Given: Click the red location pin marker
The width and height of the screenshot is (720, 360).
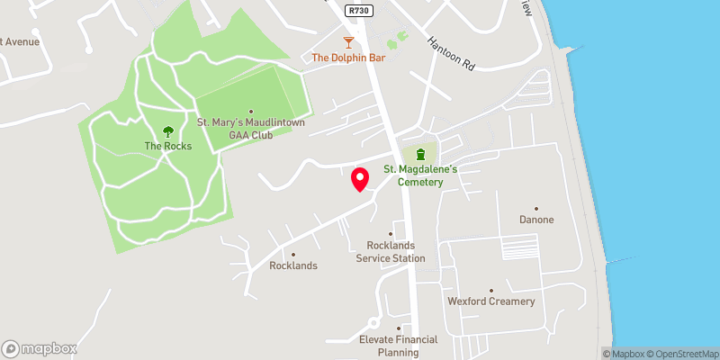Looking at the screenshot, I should (x=360, y=179).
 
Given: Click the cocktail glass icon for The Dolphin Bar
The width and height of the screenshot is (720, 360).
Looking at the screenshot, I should (x=348, y=41).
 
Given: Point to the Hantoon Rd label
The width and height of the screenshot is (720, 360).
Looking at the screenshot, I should (x=450, y=55).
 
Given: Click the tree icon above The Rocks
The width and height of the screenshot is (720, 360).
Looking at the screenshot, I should (x=166, y=131).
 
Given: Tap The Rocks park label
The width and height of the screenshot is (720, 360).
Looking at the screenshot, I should (x=166, y=146).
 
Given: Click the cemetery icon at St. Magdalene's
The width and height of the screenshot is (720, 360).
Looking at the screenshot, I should (x=419, y=154).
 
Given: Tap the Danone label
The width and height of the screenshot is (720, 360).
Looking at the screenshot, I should (x=536, y=220).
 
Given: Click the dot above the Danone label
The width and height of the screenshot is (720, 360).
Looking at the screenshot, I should (x=536, y=208).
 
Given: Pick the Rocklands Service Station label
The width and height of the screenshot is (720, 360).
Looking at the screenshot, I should (x=390, y=252).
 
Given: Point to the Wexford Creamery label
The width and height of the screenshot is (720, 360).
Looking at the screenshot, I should (x=491, y=301).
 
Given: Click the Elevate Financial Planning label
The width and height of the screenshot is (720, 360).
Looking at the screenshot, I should (x=398, y=345).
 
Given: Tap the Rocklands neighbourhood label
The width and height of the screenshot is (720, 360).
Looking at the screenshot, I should (x=293, y=265).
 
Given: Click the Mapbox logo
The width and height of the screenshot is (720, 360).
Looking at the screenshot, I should (x=39, y=348).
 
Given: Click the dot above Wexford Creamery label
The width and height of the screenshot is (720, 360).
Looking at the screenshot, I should (x=491, y=289).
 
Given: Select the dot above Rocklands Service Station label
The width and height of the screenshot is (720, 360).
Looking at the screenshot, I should (x=390, y=233).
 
